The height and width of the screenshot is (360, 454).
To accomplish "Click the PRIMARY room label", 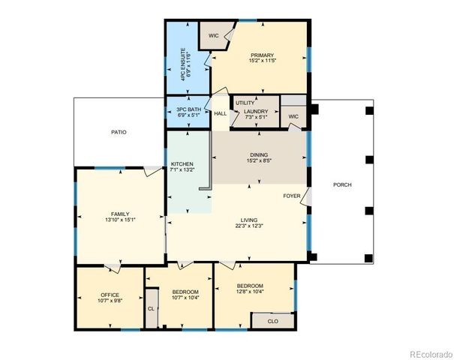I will [263, 55].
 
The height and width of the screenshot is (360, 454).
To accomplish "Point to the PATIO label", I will [119, 132].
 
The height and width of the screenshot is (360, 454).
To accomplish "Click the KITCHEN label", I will [182, 163].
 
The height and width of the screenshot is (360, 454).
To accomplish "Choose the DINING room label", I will [258, 154].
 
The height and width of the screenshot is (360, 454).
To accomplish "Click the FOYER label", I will [292, 196].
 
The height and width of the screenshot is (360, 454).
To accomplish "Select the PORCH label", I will [342, 184].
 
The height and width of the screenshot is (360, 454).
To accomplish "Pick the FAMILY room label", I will [120, 214].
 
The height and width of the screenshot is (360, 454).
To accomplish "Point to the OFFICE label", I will [110, 295].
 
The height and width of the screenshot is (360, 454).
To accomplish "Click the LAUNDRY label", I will [255, 112].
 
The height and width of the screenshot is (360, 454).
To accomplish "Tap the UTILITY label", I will [245, 103].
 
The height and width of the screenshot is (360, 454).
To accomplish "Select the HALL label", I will [220, 114].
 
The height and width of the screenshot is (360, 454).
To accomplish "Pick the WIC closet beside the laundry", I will [293, 116].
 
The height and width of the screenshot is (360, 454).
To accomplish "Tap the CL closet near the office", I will [151, 308].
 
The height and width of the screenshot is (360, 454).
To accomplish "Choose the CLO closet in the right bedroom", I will [273, 320].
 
